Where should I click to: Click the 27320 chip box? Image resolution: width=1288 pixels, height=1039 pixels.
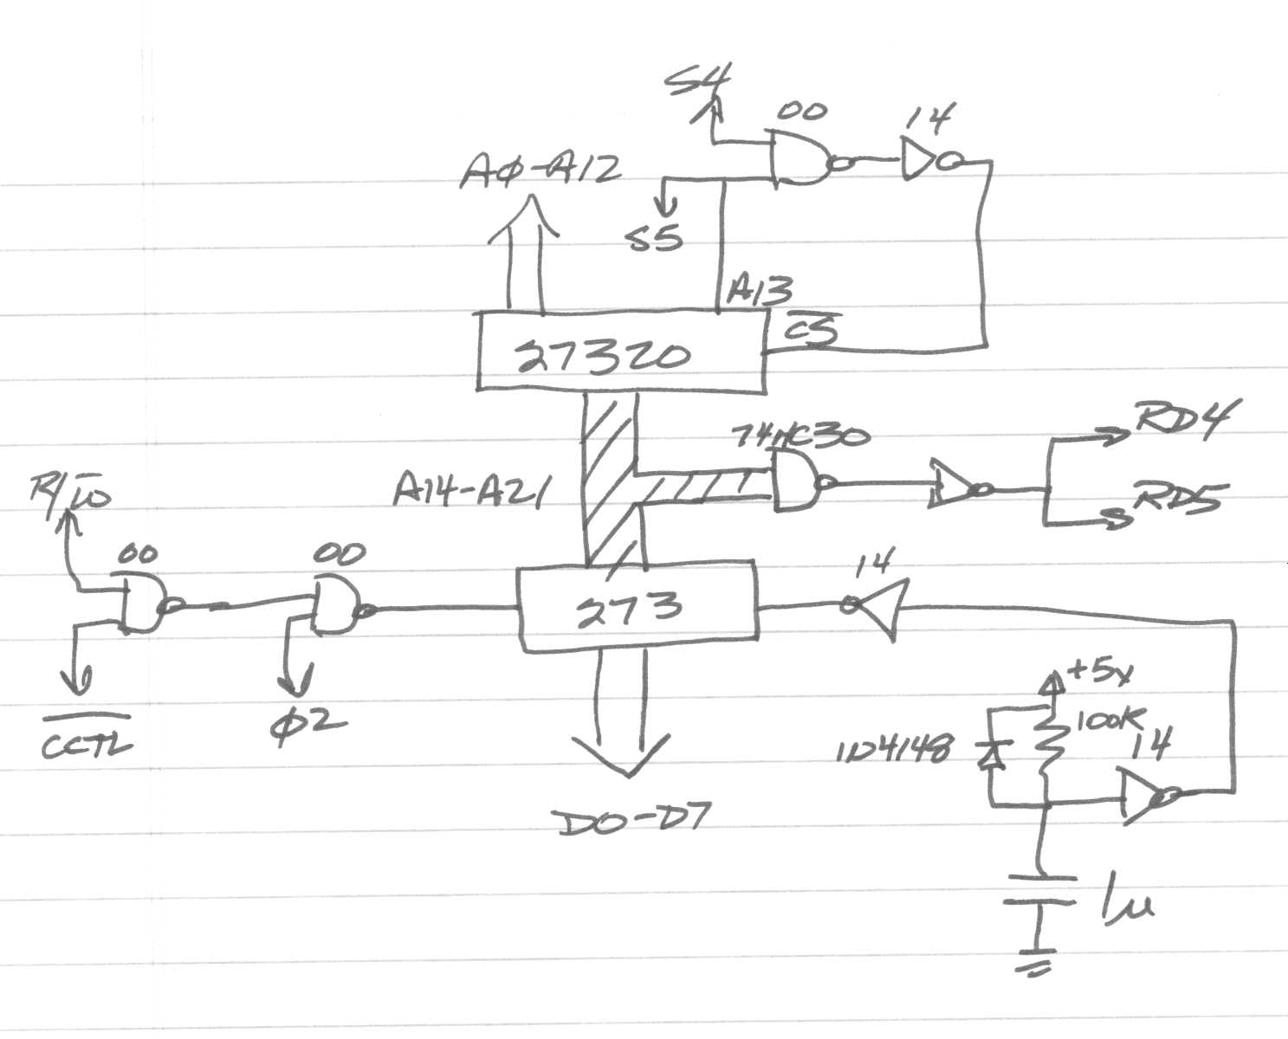click(x=621, y=352)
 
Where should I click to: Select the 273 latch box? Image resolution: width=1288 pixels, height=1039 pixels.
click(x=637, y=609)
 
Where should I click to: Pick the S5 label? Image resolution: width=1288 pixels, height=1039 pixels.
click(x=656, y=236)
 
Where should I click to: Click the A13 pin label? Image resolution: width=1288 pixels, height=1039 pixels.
click(x=759, y=289)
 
